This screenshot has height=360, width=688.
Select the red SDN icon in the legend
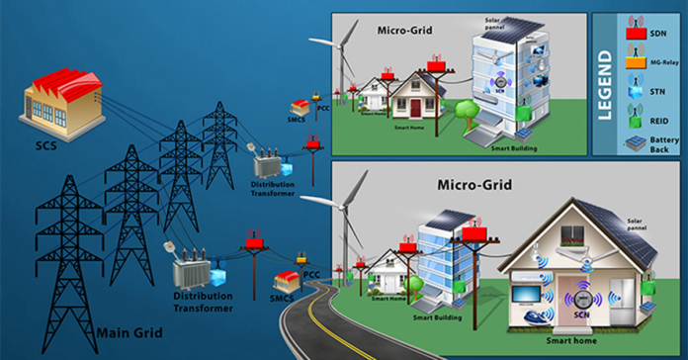pyautogui.click(x=639, y=34)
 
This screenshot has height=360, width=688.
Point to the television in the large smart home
pyautogui.click(x=530, y=295)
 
